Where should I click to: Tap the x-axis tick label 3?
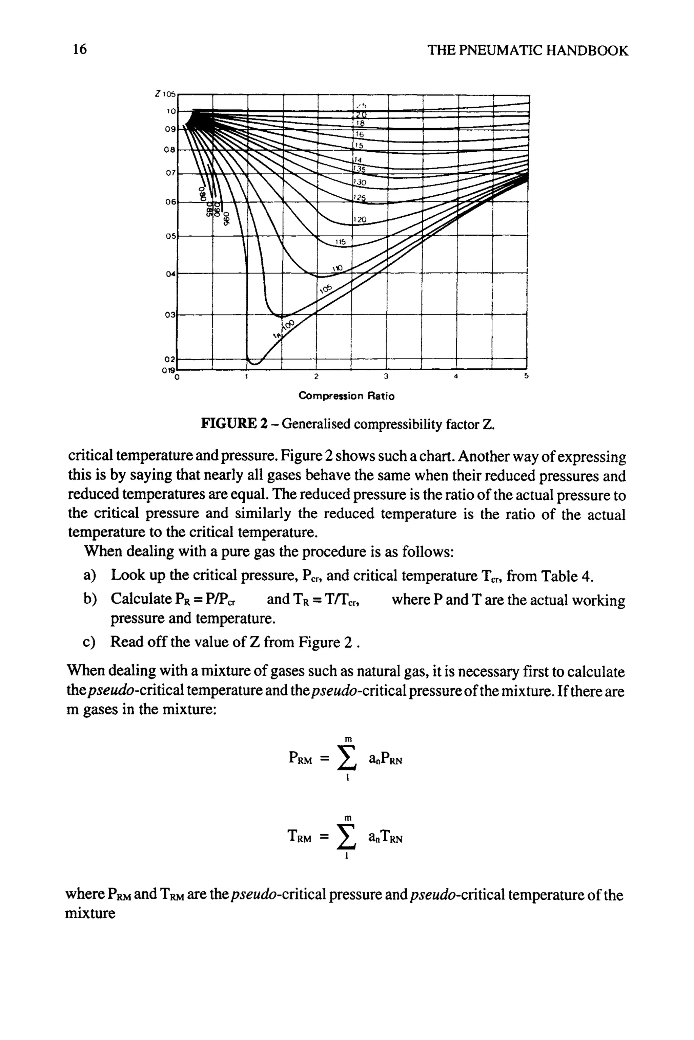386,377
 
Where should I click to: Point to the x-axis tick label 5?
526,377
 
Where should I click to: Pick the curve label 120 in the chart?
360,220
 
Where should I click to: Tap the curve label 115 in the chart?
340,242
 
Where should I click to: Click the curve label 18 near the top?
360,124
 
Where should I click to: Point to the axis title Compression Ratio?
347,396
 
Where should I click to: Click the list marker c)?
89,642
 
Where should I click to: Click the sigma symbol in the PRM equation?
347,759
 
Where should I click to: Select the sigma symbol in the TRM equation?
347,837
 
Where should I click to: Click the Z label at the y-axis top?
158,94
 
